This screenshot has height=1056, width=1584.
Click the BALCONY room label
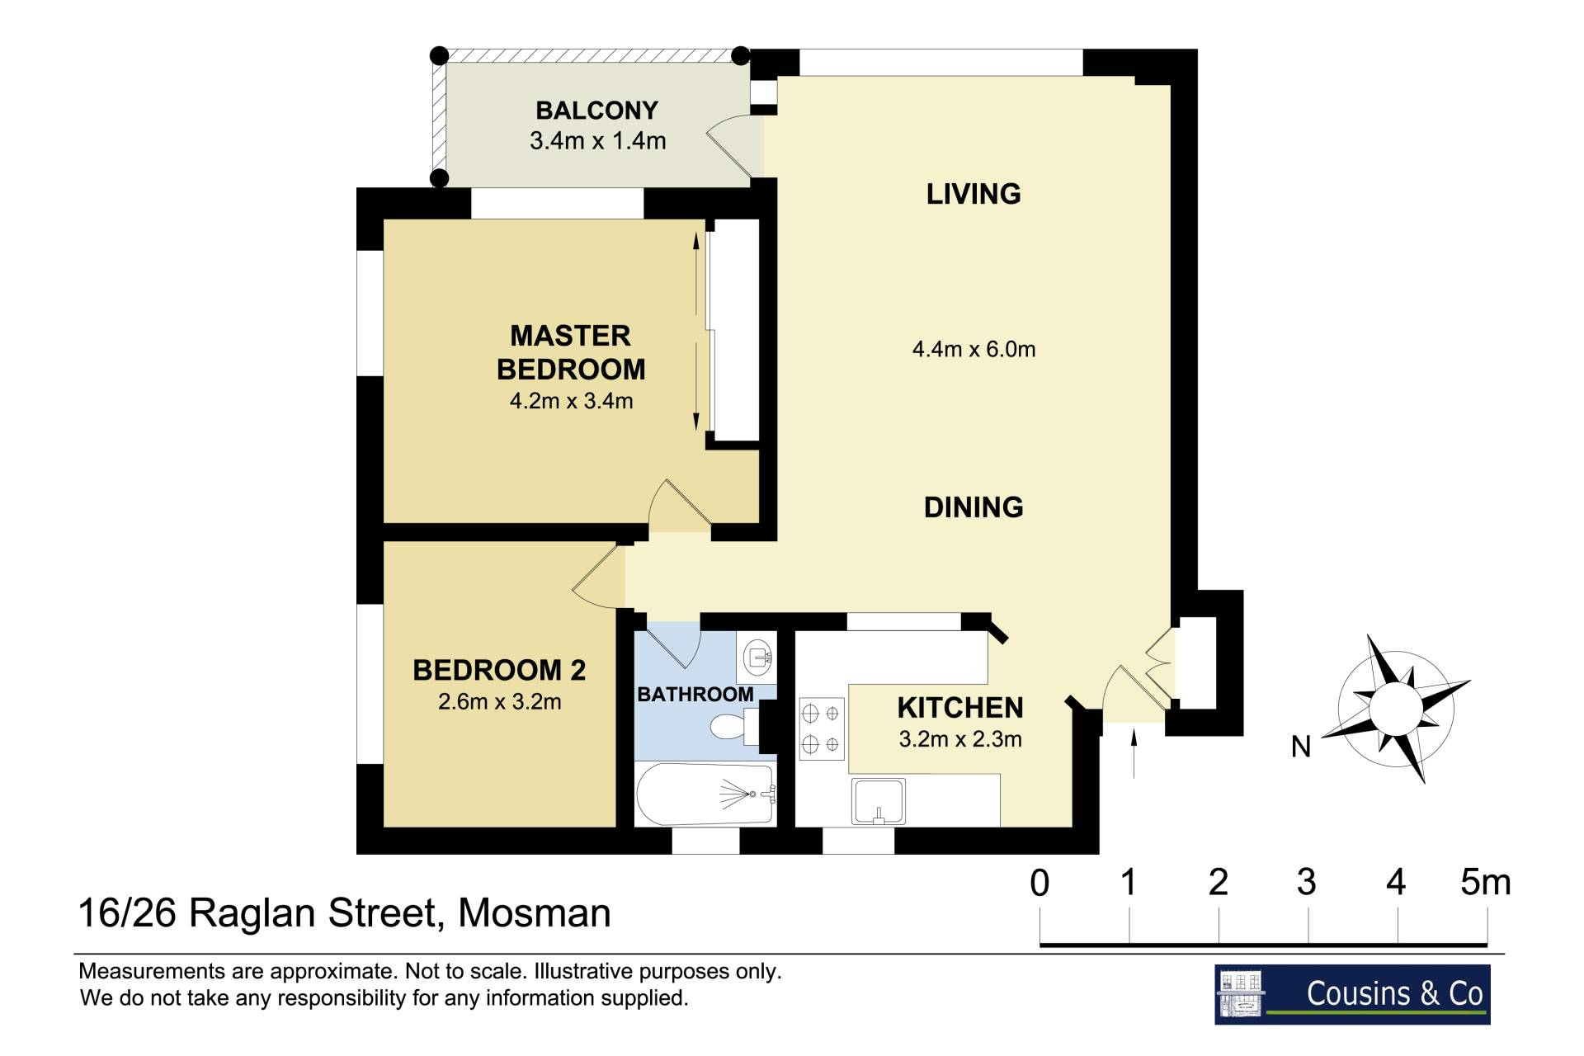pos(596,111)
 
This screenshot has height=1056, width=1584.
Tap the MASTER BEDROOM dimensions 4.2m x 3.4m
pos(571,402)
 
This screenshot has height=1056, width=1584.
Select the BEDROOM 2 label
pos(499,670)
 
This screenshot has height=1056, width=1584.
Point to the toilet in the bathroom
pos(735,727)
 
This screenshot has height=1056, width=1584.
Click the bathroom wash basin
pos(758,658)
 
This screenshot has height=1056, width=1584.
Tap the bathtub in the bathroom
pos(705,794)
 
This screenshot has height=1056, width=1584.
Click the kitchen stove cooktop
pos(822,728)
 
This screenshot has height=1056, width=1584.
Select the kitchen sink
pos(879,801)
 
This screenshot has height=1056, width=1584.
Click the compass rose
pos(1397,709)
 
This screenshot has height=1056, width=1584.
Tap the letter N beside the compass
pos(1301,747)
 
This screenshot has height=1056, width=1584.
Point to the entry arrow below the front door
pos(1134,752)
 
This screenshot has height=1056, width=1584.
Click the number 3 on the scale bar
pos(1306,883)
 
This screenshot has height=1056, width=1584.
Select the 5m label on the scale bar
pos(1485,883)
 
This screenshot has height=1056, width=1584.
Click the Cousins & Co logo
pos(1352,994)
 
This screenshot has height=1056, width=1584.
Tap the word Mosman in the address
pos(535,913)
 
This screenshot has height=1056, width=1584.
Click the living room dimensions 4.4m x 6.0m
pos(973,350)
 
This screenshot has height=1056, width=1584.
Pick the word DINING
pos(973,507)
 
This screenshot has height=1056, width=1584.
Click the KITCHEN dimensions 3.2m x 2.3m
pos(960,739)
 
